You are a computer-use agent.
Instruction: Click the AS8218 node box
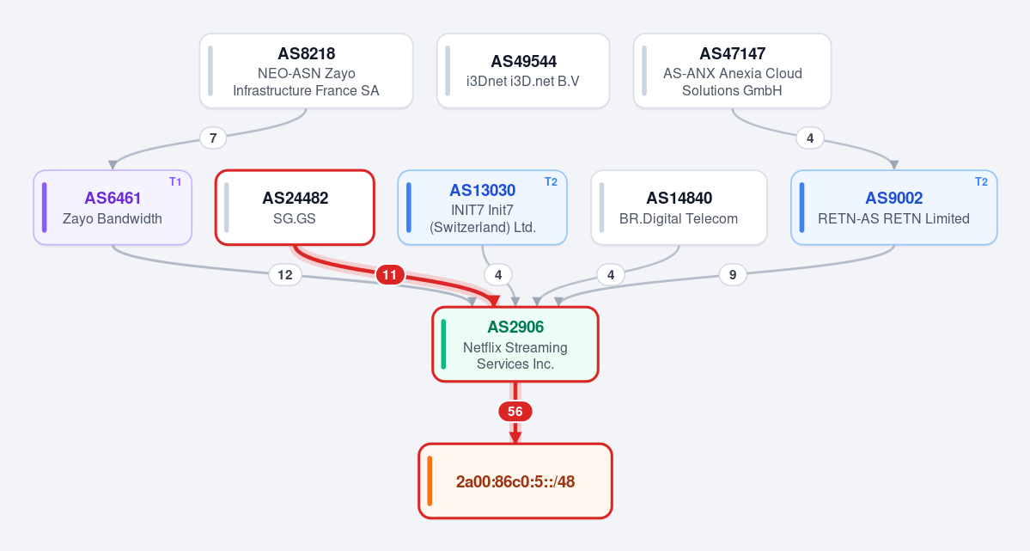point(306,71)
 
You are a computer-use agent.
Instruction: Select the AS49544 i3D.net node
point(523,71)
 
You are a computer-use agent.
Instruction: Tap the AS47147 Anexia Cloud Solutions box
point(732,71)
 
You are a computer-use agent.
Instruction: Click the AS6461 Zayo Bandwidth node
point(113,208)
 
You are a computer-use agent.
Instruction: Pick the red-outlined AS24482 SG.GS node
point(295,208)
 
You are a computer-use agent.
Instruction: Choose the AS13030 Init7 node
point(482,208)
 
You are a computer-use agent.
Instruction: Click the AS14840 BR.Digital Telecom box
point(679,208)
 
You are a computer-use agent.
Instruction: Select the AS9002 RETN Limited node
point(894,208)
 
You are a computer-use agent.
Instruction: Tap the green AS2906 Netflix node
point(515,345)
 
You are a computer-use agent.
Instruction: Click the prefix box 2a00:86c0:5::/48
point(515,481)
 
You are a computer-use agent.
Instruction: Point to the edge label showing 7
point(213,138)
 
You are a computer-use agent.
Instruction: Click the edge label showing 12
point(285,275)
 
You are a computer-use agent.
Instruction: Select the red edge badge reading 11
point(389,275)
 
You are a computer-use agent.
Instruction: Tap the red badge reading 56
point(515,412)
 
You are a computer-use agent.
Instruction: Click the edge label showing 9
point(733,275)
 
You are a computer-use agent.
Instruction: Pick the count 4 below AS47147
point(810,138)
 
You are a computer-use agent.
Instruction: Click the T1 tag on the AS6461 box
point(175,182)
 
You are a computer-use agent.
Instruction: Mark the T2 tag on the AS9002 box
point(981,182)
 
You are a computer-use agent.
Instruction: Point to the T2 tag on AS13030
point(552,182)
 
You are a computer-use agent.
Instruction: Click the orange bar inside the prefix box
point(430,481)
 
